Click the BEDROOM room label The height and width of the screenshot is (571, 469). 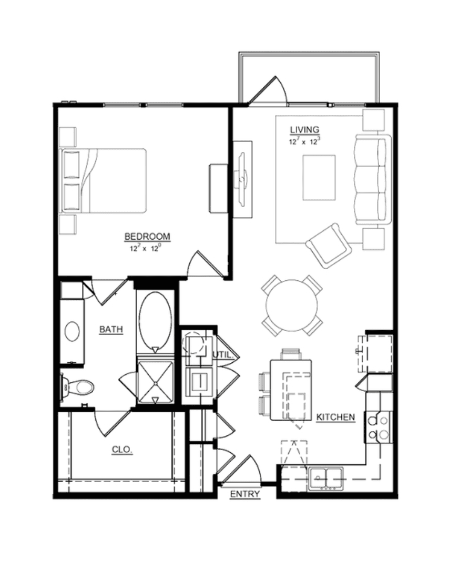[x=147, y=237]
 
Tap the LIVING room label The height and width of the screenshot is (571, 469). [x=304, y=130]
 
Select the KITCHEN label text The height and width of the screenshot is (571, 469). [x=335, y=417]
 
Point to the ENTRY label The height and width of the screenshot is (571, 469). [x=245, y=494]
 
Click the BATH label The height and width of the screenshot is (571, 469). [x=111, y=330]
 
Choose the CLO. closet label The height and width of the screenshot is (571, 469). [x=121, y=450]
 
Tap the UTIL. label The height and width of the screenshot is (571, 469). [x=223, y=354]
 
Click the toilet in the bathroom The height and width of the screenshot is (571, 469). [x=77, y=388]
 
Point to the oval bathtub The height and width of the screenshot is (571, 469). [x=155, y=320]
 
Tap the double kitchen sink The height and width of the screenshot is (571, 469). [x=326, y=478]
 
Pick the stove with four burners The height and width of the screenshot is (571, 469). [x=379, y=427]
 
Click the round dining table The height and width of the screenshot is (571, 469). [x=291, y=305]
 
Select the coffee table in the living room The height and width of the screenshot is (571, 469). [x=319, y=177]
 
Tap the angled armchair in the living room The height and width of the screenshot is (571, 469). [x=329, y=246]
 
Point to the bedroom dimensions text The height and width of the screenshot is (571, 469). [x=145, y=249]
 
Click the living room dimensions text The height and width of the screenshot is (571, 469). [x=304, y=141]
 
